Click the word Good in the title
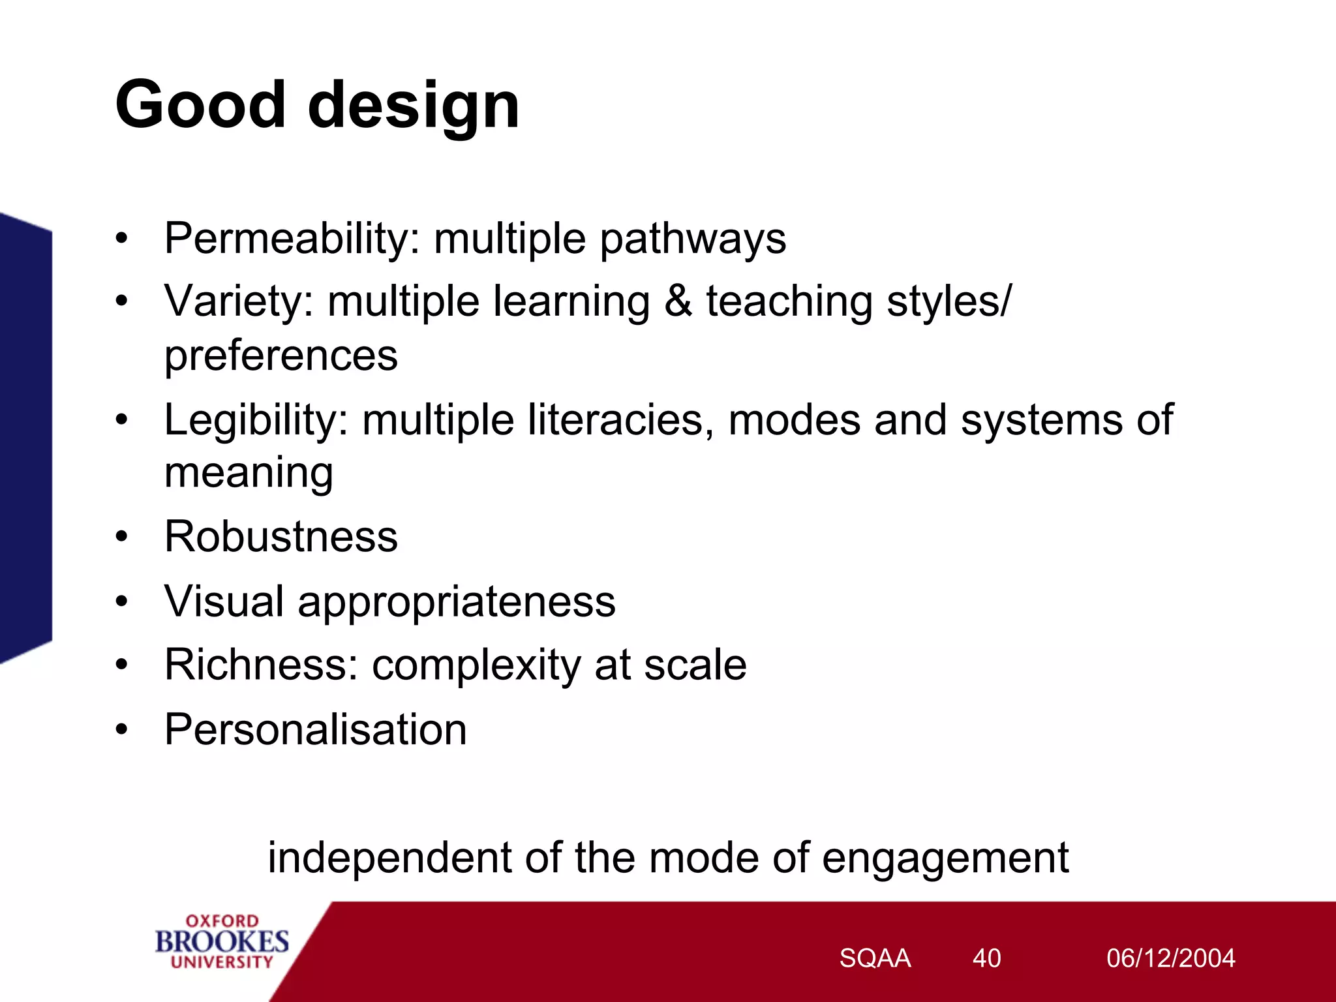point(200,104)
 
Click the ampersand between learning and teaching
point(678,301)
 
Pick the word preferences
point(281,356)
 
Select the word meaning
point(249,474)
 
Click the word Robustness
point(281,537)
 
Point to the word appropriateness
point(457,602)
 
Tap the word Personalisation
point(316,729)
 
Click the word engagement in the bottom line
point(945,858)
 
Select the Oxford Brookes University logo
point(222,941)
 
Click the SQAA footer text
point(875,958)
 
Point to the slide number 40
point(986,958)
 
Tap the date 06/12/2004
point(1170,958)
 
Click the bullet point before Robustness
point(122,538)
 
